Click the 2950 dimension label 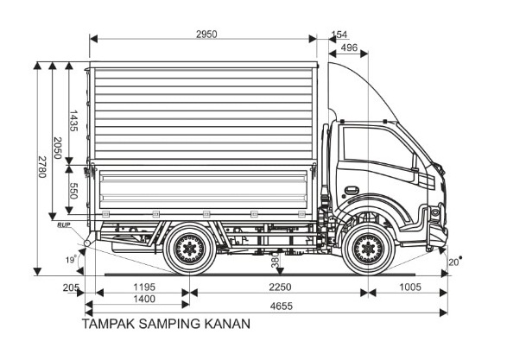206,35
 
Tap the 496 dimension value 349,47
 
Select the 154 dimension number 339,35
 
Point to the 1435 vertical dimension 73,121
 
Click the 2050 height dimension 57,148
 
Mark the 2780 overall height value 42,167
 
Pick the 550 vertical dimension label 73,191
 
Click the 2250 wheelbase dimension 280,287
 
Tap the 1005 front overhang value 410,287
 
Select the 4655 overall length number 282,306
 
